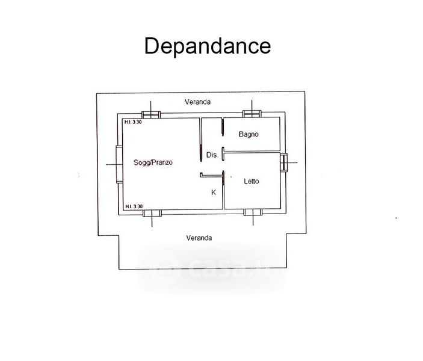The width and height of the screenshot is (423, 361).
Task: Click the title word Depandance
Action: tap(207, 46)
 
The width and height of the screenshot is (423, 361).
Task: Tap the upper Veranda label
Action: tap(198, 102)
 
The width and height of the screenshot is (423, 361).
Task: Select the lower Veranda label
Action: tap(199, 238)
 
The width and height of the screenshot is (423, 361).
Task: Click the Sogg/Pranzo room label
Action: tap(153, 162)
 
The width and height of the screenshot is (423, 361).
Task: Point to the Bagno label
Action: tap(248, 134)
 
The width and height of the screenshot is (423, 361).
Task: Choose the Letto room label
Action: tap(252, 181)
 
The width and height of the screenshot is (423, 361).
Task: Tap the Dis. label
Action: tap(212, 155)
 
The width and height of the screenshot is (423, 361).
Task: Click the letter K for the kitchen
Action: tap(213, 193)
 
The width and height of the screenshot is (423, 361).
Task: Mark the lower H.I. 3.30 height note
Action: tap(133, 206)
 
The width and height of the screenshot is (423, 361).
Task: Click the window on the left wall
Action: tap(119, 164)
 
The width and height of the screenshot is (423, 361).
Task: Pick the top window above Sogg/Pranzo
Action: tap(151, 114)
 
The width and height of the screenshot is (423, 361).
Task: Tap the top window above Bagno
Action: tap(252, 114)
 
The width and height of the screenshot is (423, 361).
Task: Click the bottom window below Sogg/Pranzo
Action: tap(151, 212)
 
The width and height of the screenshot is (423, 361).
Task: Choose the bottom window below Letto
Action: tap(252, 212)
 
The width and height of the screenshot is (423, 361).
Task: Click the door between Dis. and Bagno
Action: tap(223, 127)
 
